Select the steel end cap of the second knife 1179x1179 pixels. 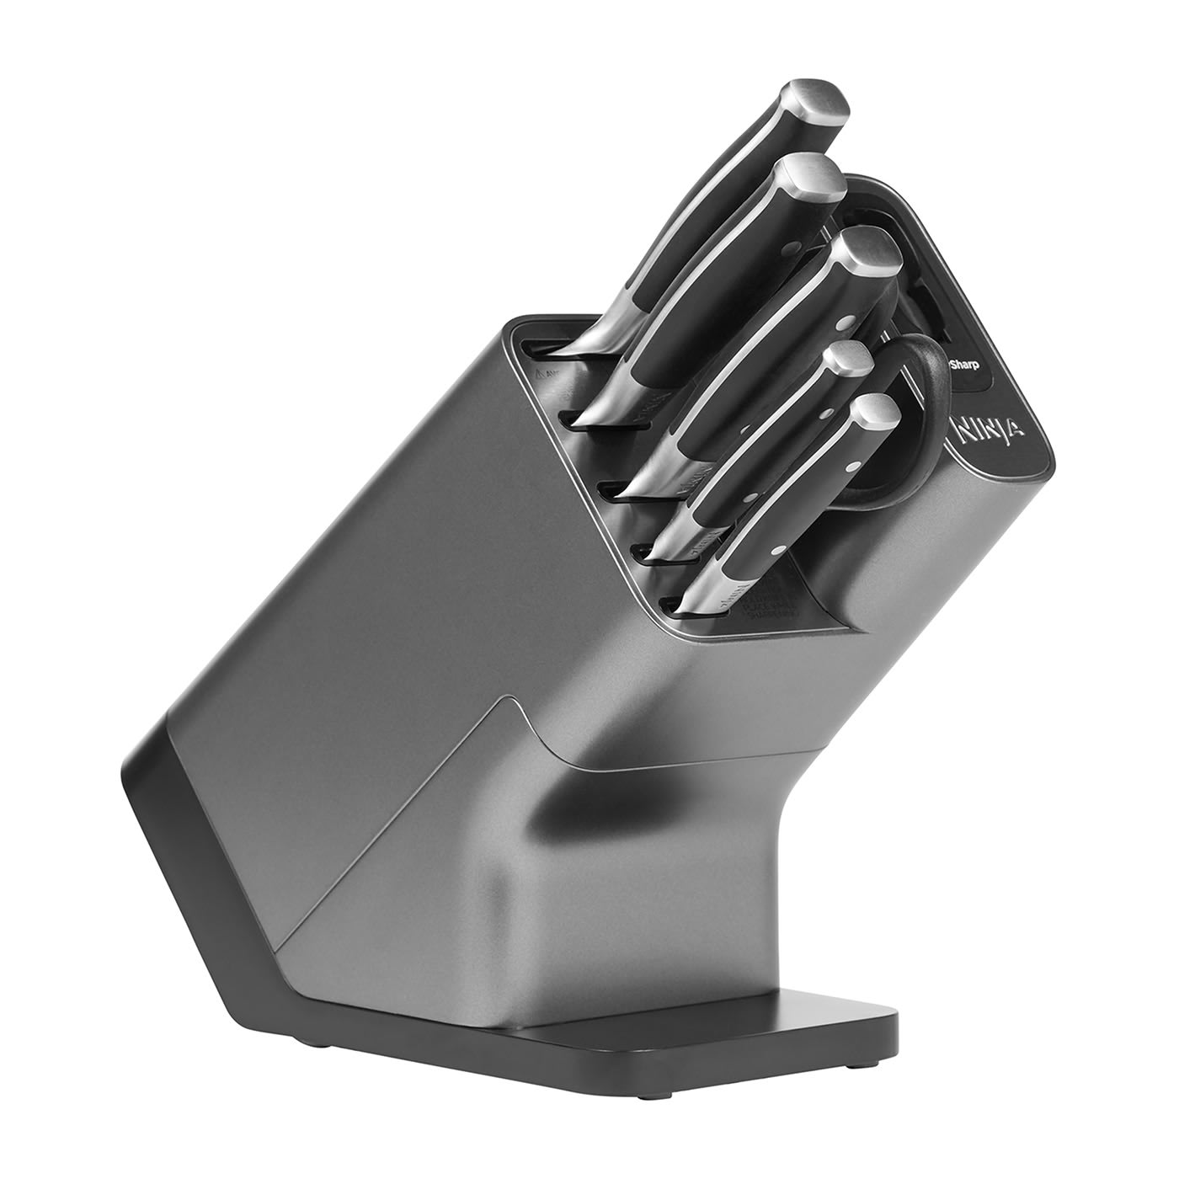[809, 179]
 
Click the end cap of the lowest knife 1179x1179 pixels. [874, 410]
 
